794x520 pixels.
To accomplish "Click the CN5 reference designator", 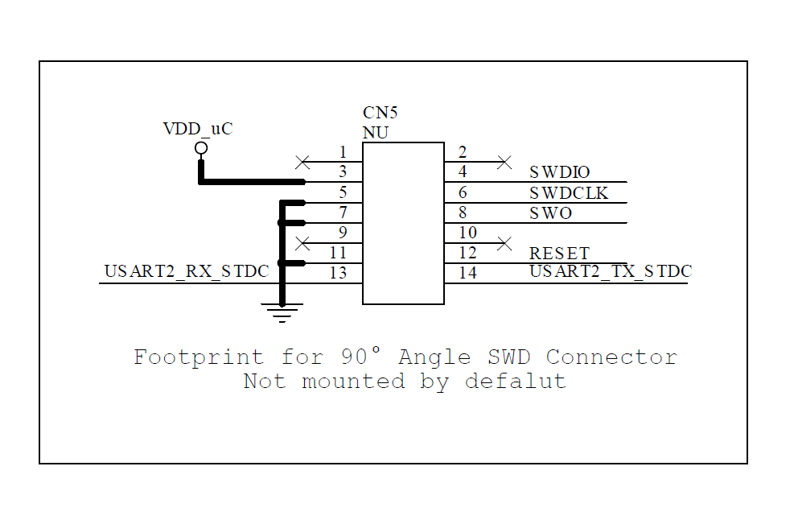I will (x=380, y=113).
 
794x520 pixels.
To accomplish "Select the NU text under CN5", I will (x=376, y=133).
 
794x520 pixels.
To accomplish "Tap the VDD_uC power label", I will (x=198, y=128).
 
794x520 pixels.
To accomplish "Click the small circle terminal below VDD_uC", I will (x=201, y=148).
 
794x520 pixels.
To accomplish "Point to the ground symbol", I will (x=282, y=312).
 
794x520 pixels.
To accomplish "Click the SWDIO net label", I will (x=560, y=172).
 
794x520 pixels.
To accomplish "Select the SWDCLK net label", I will (x=569, y=193).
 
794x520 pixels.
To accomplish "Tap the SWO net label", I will (x=551, y=213).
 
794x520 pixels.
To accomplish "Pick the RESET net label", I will (x=559, y=254).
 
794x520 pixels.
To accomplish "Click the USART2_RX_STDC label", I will (x=187, y=272).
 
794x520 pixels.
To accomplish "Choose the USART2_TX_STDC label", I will (x=611, y=271).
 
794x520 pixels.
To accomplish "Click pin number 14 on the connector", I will (x=467, y=273).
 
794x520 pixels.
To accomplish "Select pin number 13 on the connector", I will (x=338, y=273).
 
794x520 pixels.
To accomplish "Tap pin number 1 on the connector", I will (x=343, y=152).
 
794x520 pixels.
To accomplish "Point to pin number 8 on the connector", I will (x=463, y=213).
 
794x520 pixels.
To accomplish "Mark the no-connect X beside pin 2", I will (x=504, y=162).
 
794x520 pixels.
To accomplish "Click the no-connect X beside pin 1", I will (x=302, y=162).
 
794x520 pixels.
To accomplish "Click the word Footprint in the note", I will (x=198, y=357).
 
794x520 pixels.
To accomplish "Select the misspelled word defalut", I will (x=515, y=381).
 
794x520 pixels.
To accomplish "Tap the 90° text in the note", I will (x=360, y=356).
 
